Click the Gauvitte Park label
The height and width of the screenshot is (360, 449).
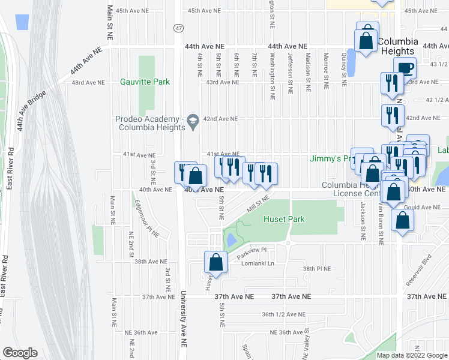145,82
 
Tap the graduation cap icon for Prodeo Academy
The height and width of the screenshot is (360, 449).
193,122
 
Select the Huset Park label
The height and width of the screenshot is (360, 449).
284,220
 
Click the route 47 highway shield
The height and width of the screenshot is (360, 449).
178,28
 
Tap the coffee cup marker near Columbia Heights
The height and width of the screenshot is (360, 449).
404,67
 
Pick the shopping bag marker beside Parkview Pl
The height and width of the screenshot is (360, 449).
215,262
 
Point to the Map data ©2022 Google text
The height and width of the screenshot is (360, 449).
411,355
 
